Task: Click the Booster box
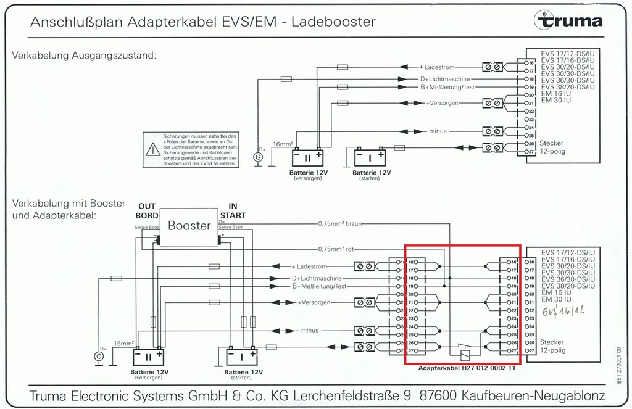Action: coord(189,226)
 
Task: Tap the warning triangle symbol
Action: coord(152,149)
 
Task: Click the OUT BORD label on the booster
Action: coord(147,211)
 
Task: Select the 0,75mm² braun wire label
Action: coord(340,224)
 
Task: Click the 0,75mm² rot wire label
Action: coord(336,249)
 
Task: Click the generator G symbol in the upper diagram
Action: coord(259,157)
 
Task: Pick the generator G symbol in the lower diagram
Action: coord(99,356)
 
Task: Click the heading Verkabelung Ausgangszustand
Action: coord(83,56)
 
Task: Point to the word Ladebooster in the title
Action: coord(333,22)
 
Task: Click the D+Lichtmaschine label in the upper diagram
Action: coord(445,80)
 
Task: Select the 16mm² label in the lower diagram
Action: coord(123,343)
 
